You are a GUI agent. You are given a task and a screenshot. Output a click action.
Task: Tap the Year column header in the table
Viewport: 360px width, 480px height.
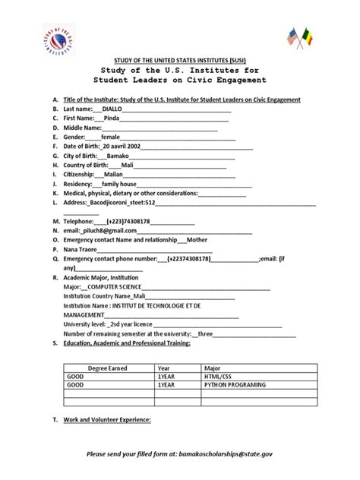point(164,366)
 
